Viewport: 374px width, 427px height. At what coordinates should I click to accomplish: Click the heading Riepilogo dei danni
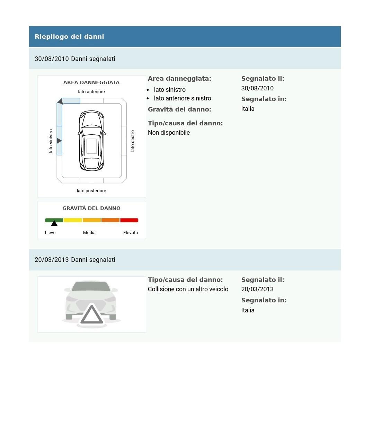coord(69,37)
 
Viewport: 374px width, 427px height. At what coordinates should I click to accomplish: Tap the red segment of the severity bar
coord(129,220)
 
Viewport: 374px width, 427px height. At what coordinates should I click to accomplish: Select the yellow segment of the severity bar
coord(73,220)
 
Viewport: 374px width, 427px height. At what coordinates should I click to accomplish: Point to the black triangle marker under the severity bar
coord(54,224)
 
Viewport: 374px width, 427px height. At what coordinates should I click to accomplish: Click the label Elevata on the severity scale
coord(131,233)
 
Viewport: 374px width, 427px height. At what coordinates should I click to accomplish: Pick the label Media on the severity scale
coord(89,233)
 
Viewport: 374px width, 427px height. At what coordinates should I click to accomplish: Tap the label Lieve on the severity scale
coord(50,233)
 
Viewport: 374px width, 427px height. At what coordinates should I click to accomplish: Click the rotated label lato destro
coord(132,141)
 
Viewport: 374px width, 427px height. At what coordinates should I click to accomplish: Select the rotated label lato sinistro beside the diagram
coord(51,141)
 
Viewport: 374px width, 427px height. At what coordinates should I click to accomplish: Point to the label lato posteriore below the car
coord(91,191)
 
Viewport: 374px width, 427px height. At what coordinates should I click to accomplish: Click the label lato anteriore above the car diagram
coord(91,92)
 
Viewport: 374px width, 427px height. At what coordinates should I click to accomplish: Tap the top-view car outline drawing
coord(92,141)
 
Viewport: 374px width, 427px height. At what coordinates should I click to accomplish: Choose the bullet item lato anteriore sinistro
coord(182,98)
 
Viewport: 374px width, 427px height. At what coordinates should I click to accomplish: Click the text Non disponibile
coord(169,133)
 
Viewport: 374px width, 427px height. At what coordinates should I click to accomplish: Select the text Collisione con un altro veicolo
coord(188,289)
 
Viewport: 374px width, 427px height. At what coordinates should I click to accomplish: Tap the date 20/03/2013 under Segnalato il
coord(257,289)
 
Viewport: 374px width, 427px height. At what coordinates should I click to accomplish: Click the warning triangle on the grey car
coord(92,315)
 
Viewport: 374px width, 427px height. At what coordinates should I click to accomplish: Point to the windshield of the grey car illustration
coord(91,287)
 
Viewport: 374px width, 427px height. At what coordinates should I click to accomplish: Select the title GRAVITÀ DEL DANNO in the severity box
coord(91,208)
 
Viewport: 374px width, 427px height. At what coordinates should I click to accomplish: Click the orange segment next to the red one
coord(110,220)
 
